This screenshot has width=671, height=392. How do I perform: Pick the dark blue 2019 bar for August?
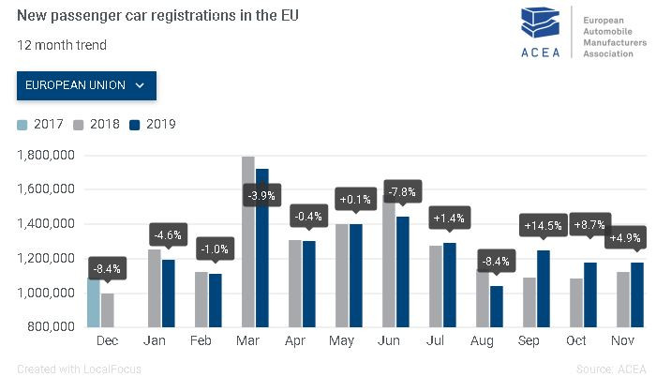click(x=496, y=306)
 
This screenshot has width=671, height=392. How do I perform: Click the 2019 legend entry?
click(x=154, y=125)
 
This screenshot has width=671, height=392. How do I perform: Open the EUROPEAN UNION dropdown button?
click(x=86, y=84)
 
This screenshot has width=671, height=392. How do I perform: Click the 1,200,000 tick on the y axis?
click(x=46, y=259)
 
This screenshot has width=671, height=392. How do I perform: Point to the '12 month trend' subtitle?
click(x=61, y=45)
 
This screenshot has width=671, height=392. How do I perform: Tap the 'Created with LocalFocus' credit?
click(x=79, y=369)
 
